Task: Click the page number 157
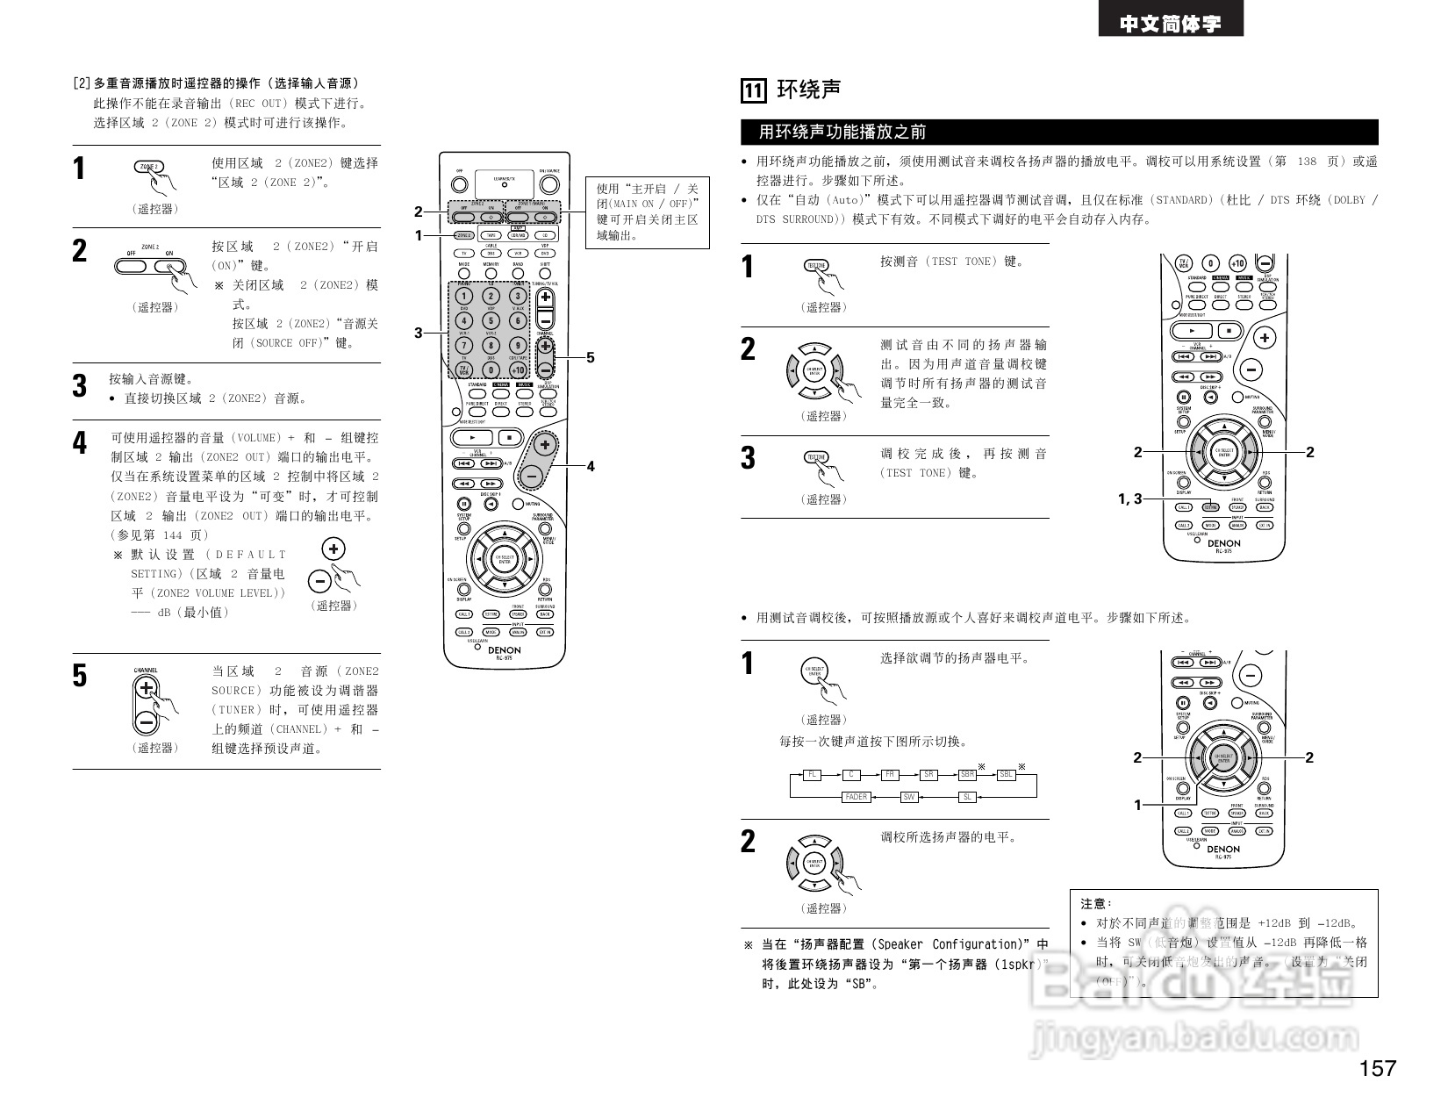[1378, 1068]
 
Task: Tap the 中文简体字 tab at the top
[1170, 24]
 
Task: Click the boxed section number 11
[754, 90]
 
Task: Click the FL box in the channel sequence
[813, 775]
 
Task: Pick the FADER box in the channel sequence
[856, 797]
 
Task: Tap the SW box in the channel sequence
[910, 797]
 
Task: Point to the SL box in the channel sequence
[967, 797]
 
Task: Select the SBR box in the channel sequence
[967, 775]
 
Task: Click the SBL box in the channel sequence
[1007, 775]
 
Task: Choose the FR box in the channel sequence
[890, 775]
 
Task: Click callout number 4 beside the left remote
[591, 467]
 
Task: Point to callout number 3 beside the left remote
[419, 333]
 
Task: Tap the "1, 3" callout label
[1129, 499]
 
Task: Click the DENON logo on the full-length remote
[505, 650]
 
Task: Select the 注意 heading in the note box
[1095, 903]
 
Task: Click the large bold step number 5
[80, 676]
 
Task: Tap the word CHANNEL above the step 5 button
[146, 671]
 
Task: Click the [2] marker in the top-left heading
[81, 83]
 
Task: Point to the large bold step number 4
[80, 442]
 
